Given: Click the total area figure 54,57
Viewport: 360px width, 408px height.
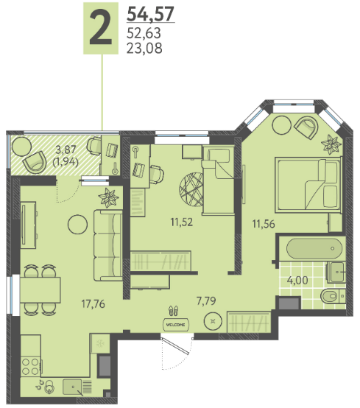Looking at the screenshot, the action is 150,14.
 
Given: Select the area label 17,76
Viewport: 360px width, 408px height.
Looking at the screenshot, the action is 93,303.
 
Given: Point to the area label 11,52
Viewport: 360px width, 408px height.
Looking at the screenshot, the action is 182,222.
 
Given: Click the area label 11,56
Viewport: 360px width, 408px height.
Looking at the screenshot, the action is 264,224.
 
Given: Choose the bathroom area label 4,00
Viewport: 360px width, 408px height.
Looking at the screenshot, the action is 297,281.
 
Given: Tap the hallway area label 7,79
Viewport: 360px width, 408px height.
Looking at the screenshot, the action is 206,300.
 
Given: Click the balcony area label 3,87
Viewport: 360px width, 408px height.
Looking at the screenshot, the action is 66,150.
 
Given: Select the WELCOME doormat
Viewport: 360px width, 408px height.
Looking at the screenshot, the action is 175,325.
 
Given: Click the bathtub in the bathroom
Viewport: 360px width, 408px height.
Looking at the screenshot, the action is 314,248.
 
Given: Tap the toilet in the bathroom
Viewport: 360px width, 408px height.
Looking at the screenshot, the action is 333,296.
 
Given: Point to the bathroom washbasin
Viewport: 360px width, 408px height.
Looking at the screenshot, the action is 336,272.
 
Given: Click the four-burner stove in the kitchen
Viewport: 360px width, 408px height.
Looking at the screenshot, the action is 30,367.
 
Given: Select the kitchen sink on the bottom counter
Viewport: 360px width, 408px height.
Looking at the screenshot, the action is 72,387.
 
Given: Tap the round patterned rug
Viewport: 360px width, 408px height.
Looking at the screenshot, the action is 191,189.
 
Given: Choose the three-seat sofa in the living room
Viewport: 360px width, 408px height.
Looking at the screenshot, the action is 108,245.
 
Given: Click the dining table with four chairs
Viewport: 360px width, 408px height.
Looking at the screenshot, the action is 40,289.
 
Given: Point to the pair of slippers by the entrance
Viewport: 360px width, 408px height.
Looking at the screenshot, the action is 174,311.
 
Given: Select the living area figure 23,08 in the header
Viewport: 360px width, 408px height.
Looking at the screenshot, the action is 144,48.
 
